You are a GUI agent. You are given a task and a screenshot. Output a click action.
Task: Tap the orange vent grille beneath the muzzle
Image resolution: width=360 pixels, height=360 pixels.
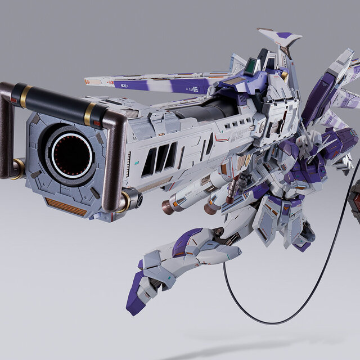66,206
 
